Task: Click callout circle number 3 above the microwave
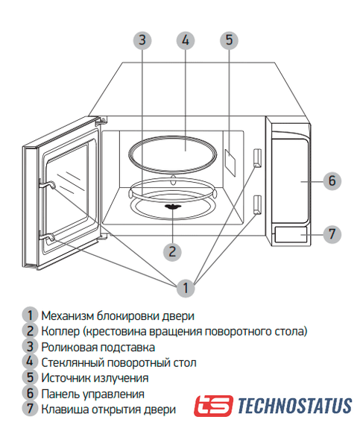142,40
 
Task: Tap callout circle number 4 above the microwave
186,40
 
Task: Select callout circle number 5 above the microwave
229,40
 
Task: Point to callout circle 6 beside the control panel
332,181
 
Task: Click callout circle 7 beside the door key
332,234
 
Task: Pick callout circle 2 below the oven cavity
172,252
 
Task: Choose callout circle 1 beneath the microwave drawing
186,288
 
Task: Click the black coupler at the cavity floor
173,207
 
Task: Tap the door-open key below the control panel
291,235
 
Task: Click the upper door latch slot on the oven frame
257,157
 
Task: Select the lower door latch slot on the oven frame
257,205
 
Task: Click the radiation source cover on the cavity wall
230,163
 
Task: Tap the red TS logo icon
213,406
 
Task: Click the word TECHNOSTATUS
295,406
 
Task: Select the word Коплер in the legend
60,332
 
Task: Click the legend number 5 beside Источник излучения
31,377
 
